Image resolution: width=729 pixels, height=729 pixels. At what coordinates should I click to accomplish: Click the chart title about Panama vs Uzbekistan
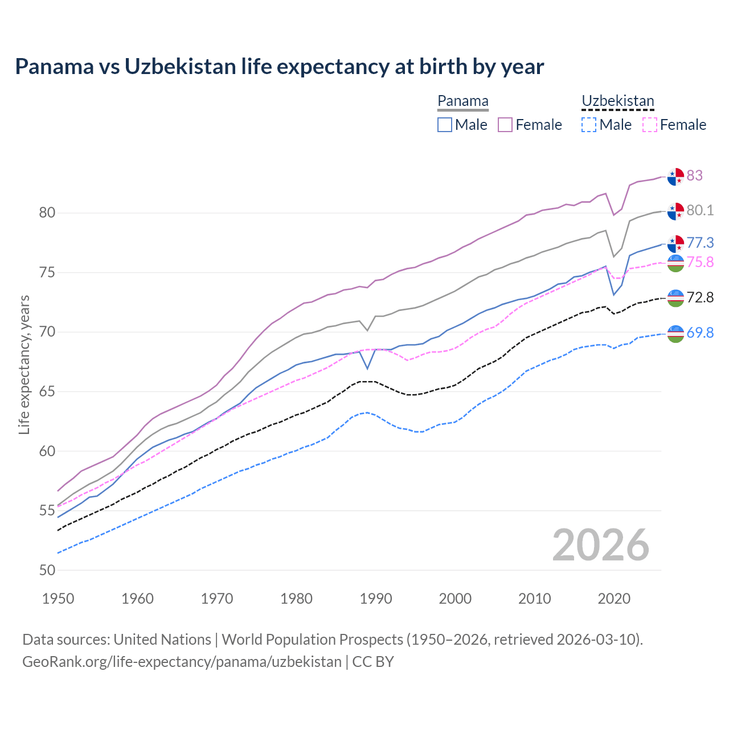pyautogui.click(x=279, y=67)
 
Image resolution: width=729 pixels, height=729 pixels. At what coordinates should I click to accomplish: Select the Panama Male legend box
pyautogui.click(x=445, y=125)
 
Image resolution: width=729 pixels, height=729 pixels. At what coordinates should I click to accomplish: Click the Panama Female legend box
pyautogui.click(x=505, y=125)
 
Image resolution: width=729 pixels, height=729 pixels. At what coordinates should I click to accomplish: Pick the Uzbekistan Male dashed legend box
pyautogui.click(x=589, y=125)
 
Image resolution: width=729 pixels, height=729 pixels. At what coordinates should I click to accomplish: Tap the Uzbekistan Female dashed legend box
pyautogui.click(x=649, y=125)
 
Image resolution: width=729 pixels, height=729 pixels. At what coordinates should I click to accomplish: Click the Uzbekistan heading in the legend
pyautogui.click(x=617, y=101)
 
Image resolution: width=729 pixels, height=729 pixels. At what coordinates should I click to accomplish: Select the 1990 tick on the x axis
pyautogui.click(x=376, y=599)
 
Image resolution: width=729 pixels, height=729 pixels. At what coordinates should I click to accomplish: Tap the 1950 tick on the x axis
pyautogui.click(x=58, y=599)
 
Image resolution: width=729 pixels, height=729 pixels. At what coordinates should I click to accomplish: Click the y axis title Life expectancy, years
pyautogui.click(x=24, y=364)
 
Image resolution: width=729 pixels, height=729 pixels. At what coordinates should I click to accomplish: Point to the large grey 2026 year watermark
pyautogui.click(x=601, y=545)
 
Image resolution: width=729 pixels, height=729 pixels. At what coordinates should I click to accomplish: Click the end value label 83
pyautogui.click(x=694, y=175)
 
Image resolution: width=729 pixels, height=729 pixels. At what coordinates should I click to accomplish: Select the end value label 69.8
pyautogui.click(x=700, y=333)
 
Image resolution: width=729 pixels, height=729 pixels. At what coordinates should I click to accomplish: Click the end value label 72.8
pyautogui.click(x=700, y=297)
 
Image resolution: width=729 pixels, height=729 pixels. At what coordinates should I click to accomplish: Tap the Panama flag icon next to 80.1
pyautogui.click(x=675, y=211)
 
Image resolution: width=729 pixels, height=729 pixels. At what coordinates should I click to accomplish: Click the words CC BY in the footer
pyautogui.click(x=373, y=662)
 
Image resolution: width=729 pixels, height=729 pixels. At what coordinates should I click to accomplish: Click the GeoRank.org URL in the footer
pyautogui.click(x=182, y=662)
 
